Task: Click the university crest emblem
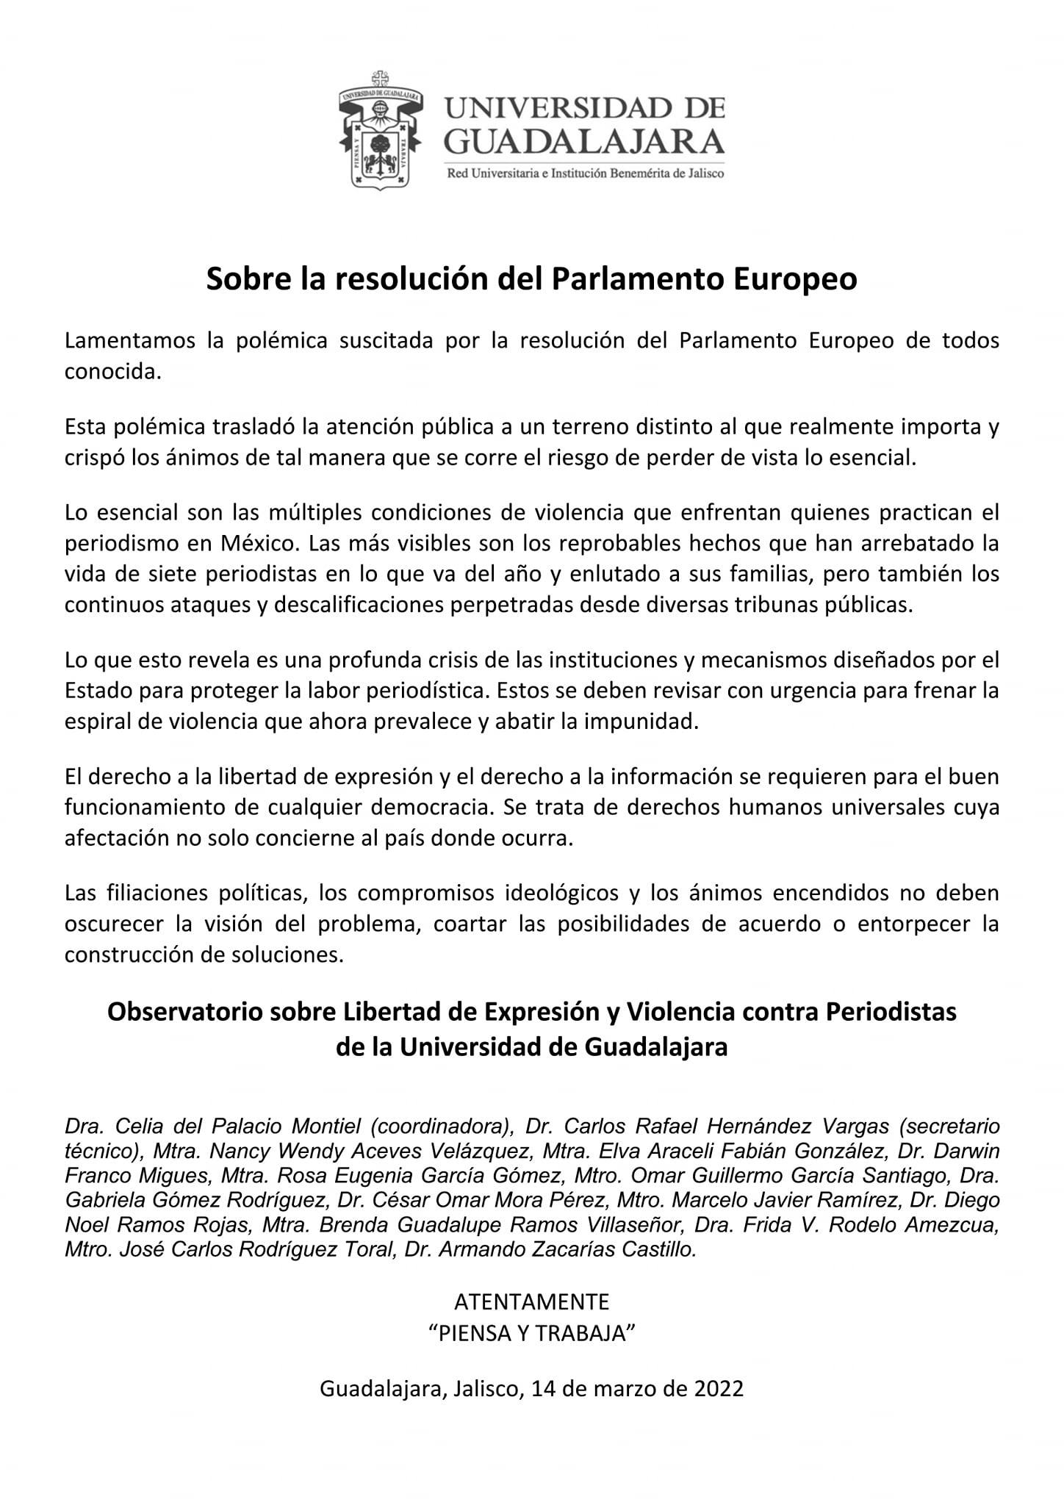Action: [x=378, y=130]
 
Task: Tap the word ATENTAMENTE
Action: [x=532, y=1302]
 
